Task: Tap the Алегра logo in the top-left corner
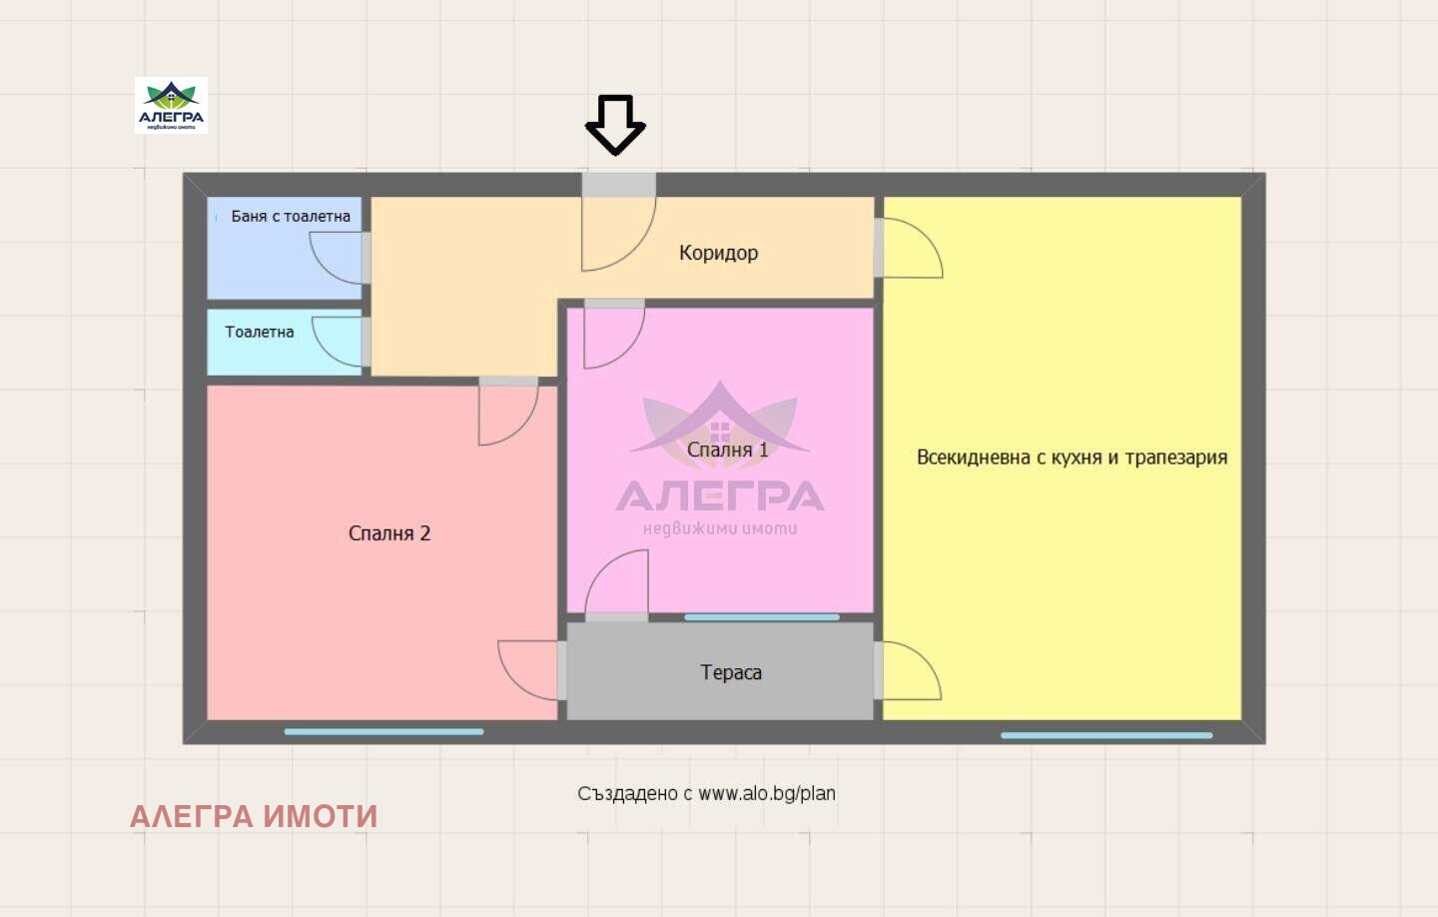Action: [x=171, y=105]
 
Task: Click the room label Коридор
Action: [x=718, y=253]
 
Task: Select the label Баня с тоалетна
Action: [x=291, y=216]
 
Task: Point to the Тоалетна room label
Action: [x=260, y=332]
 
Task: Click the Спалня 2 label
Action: [x=389, y=533]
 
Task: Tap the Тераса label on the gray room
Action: [x=731, y=672]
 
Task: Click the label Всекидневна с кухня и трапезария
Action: [x=1072, y=458]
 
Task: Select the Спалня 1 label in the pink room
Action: [x=728, y=450]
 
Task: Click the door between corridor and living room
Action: [x=909, y=249]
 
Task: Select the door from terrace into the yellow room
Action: [x=908, y=670]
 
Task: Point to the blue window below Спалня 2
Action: [x=383, y=731]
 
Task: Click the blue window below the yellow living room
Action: [x=1106, y=735]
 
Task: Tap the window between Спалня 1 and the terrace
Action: [x=761, y=617]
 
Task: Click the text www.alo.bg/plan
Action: [x=766, y=793]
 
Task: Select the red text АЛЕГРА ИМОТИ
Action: [x=254, y=816]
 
